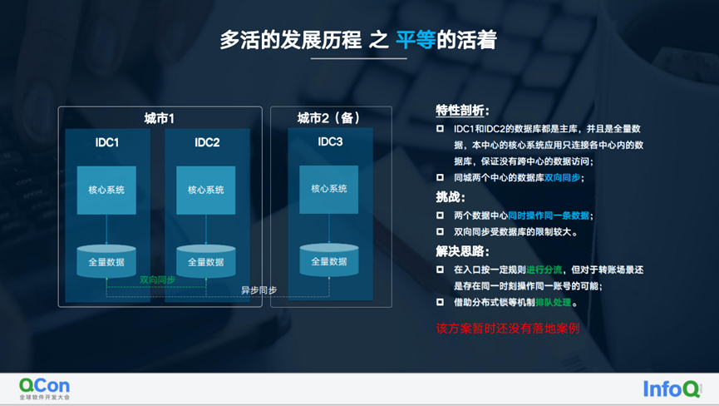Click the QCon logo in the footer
tap(45, 388)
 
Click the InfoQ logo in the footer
tap(672, 389)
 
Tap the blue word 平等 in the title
tap(416, 40)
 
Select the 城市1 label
tap(160, 118)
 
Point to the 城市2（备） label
tap(329, 118)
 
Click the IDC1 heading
tap(107, 142)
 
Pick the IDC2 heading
tap(207, 142)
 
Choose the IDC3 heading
tap(330, 141)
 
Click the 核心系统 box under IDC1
tap(106, 191)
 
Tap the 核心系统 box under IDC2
tap(206, 191)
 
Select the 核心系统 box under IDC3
tap(329, 190)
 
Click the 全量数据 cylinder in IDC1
tap(106, 261)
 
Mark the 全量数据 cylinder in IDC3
tap(329, 260)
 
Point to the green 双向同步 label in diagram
tap(157, 280)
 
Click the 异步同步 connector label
tap(259, 290)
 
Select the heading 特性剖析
tap(462, 111)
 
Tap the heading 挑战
tap(451, 197)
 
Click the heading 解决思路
tap(462, 251)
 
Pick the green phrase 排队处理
tap(552, 304)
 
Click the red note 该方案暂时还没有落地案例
tap(508, 328)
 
